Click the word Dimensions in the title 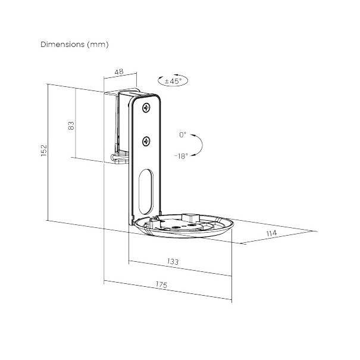(62, 44)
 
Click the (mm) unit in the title (98, 44)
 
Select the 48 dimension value (119, 71)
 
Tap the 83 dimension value (71, 126)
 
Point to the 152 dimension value (43, 151)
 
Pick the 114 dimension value (271, 233)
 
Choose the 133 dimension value (173, 261)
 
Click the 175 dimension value (161, 284)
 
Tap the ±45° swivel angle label (173, 81)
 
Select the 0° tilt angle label (183, 134)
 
